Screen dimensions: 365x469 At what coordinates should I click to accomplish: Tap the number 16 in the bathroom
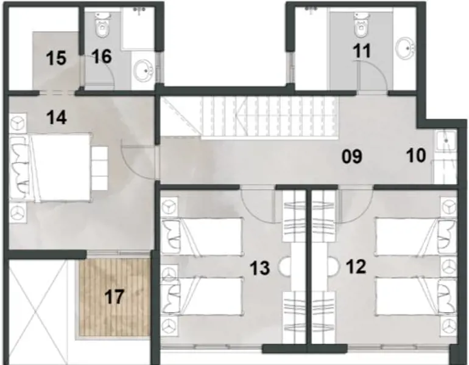coord(102,57)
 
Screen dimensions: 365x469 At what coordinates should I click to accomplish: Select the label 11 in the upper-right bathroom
coord(362,51)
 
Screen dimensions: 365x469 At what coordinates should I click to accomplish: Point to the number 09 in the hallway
coord(352,157)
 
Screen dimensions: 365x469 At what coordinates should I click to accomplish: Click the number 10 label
coord(416,156)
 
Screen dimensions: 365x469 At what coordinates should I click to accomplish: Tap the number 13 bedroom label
coord(260,268)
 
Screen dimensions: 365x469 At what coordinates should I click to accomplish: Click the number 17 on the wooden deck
coord(114,297)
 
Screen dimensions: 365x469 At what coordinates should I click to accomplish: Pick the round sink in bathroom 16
coord(144,70)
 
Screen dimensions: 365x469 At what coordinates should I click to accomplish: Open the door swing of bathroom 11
coord(371,78)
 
